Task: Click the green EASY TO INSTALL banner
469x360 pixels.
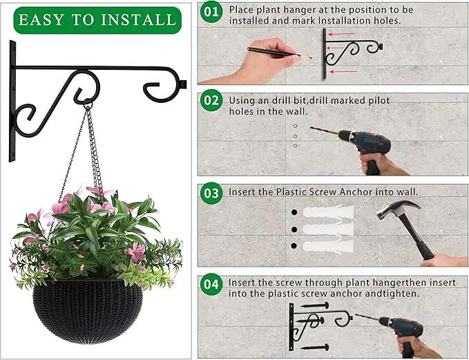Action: (x=97, y=20)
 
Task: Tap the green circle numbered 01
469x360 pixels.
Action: (x=211, y=12)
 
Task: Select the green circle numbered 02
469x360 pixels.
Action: (x=211, y=100)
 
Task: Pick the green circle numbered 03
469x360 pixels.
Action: (x=211, y=193)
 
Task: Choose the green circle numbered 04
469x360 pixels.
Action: (x=211, y=284)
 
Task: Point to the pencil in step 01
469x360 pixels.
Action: (x=279, y=53)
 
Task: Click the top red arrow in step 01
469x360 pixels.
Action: (x=342, y=35)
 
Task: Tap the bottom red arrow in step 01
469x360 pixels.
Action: (x=344, y=72)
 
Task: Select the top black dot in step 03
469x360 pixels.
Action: (x=294, y=212)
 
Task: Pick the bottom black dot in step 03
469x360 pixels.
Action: (x=294, y=246)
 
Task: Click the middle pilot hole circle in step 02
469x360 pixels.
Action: (x=296, y=136)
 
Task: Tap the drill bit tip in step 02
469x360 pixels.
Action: (x=311, y=127)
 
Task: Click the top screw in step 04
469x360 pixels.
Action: (x=314, y=305)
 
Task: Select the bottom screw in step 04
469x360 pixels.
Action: (x=314, y=348)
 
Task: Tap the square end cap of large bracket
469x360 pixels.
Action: (x=183, y=85)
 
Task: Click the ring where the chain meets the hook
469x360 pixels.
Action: (x=88, y=105)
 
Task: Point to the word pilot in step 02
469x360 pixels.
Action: (x=379, y=101)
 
